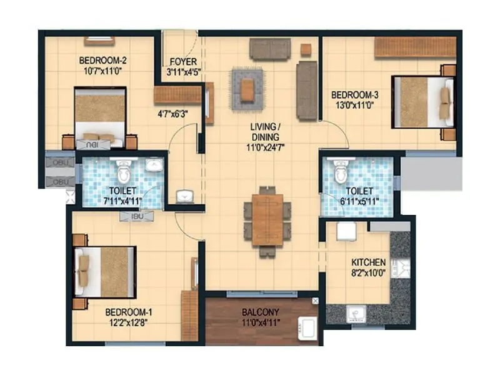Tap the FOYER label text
point(182,62)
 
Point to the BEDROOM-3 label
point(355,95)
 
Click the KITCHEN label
point(368,262)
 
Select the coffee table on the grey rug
point(248,89)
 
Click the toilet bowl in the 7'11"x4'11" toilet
point(124,172)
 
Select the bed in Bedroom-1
point(104,271)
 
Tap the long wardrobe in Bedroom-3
point(414,47)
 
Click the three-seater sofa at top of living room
point(270,49)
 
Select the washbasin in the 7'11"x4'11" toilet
point(154,165)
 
